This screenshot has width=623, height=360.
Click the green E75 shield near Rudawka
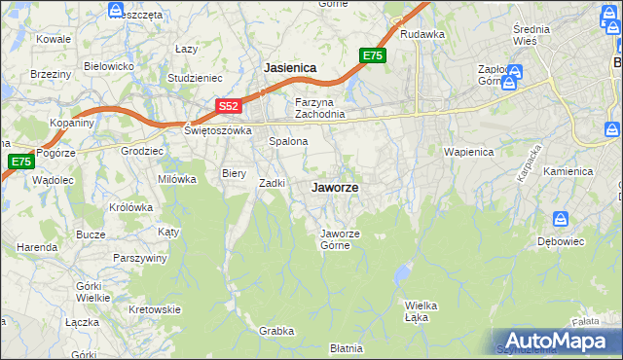pos(372,56)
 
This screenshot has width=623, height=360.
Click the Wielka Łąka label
pos(420,310)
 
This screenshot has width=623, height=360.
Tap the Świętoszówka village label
pos(218,129)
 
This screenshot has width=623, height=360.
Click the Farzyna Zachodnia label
pos(320,108)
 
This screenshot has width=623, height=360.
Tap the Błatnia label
pos(346,347)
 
